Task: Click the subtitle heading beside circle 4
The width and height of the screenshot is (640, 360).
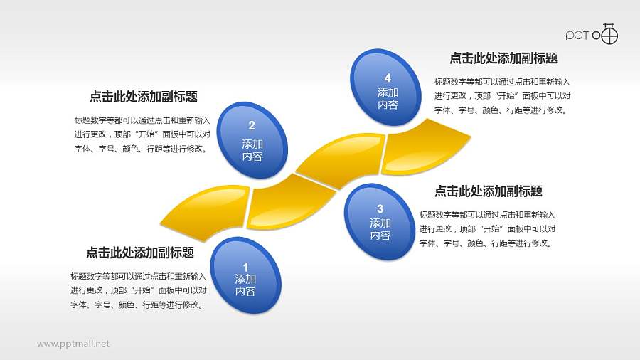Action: point(503,58)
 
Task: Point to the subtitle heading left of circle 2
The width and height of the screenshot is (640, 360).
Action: point(144,97)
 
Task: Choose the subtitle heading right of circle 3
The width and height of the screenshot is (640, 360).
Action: point(489,191)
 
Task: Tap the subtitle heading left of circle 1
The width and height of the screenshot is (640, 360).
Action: point(140,252)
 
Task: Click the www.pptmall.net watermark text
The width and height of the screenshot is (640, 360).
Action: point(73,344)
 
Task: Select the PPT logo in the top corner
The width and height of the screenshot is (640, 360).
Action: point(592,34)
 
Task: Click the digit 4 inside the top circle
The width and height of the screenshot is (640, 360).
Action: point(388,78)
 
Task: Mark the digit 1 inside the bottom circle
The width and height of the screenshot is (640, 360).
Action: point(245,267)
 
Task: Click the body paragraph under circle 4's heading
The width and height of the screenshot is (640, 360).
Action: point(502,96)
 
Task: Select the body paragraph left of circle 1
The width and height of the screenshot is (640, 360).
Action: point(139,290)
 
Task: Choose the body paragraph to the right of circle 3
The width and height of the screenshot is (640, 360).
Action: point(487,228)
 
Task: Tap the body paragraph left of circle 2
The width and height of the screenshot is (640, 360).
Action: point(142,134)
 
